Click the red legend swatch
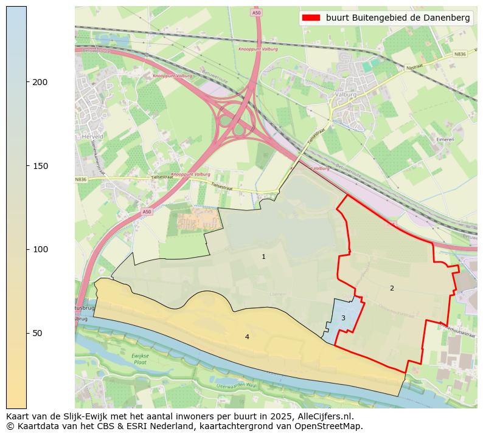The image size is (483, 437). pos(311,18)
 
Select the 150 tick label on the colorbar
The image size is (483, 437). pos(41,166)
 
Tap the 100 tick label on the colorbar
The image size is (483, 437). pos(41,250)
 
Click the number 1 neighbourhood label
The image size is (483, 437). pos(263,257)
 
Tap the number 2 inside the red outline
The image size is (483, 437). pos(392,288)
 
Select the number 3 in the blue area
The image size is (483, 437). pos(343,318)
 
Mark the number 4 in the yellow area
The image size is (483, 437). pos(247,337)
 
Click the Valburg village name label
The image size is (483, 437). pos(346,95)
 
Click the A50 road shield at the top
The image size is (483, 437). pos(256,12)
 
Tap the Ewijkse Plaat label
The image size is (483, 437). pos(140,358)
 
